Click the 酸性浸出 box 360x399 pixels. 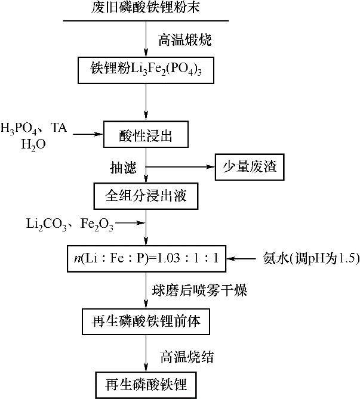click(146, 136)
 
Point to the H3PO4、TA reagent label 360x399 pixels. click(35, 128)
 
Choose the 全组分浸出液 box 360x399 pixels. click(147, 195)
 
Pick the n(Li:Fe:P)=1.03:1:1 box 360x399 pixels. click(147, 258)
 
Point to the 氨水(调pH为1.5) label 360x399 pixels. click(310, 258)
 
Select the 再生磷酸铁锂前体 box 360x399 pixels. click(147, 323)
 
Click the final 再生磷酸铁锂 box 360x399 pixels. click(147, 385)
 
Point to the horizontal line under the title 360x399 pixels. click(147, 21)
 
